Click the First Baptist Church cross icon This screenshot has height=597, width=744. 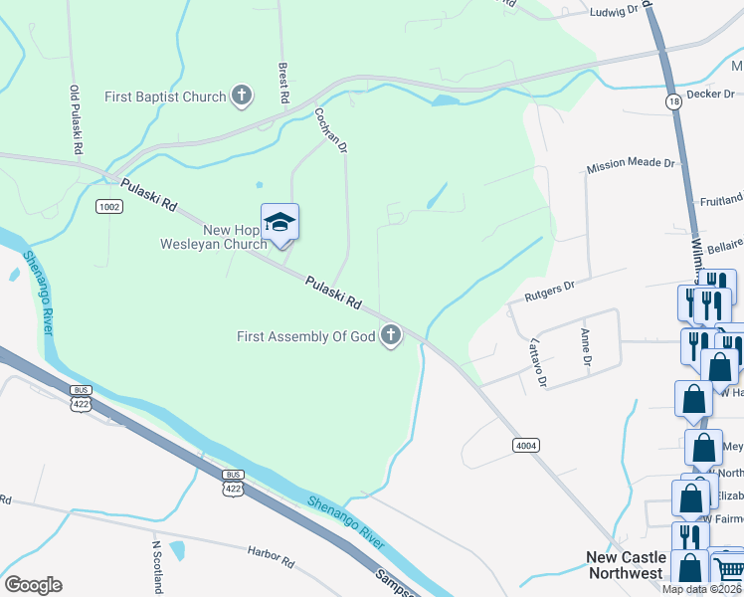point(241,97)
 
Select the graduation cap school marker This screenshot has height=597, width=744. point(279,223)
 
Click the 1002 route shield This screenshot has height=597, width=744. point(109,206)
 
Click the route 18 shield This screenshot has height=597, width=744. point(673,101)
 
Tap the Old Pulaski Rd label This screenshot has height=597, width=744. point(76,118)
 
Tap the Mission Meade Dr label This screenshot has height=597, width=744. point(631,164)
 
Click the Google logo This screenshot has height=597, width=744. point(33,584)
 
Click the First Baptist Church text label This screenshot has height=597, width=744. point(166,98)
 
